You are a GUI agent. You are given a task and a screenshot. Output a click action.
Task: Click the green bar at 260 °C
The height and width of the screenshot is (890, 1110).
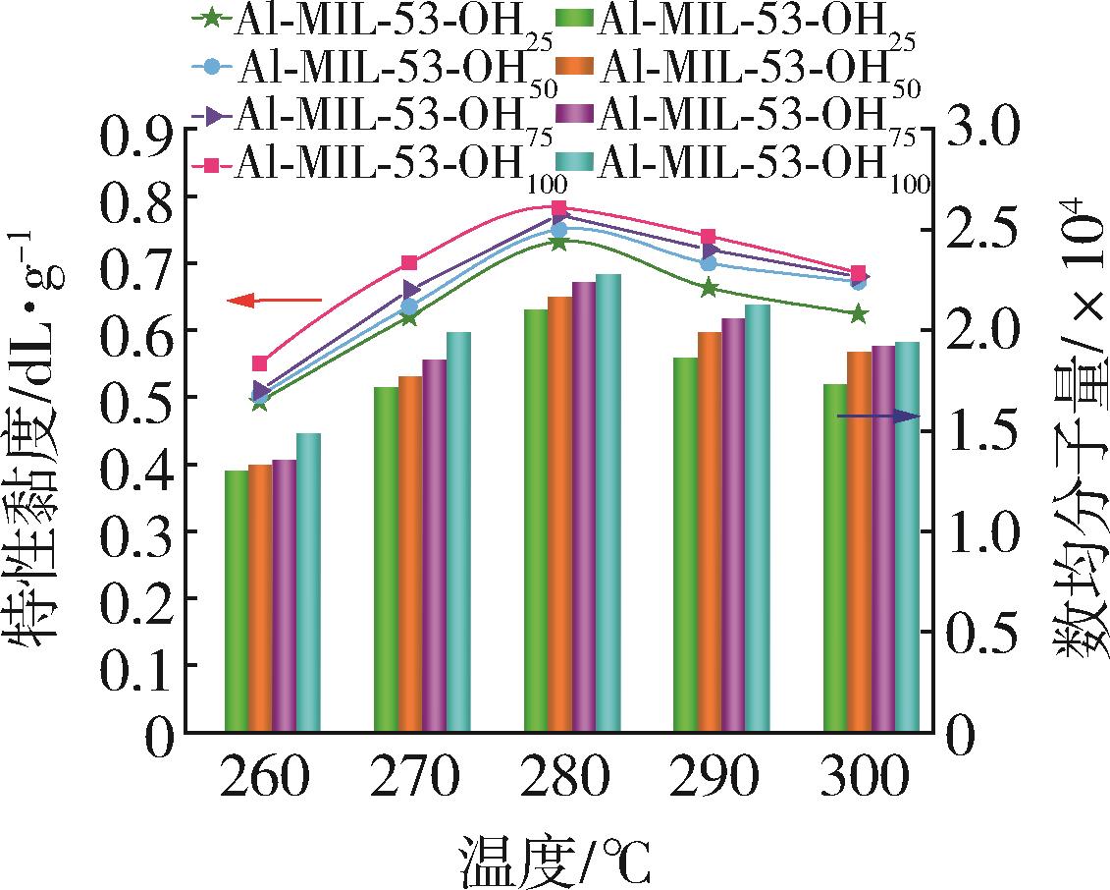(x=237, y=601)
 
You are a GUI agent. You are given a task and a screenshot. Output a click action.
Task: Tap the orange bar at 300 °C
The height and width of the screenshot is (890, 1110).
(x=859, y=541)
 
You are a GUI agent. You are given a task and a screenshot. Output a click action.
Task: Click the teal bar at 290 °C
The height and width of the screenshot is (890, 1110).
(x=758, y=518)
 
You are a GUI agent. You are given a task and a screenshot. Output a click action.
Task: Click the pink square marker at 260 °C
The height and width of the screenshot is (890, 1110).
(x=260, y=363)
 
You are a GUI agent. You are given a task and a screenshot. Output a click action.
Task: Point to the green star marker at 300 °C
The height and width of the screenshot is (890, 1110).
(x=859, y=314)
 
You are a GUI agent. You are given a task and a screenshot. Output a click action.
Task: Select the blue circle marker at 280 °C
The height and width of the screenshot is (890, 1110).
(x=559, y=230)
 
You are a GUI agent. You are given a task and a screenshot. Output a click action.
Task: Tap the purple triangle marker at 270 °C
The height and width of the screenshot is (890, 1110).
(x=410, y=290)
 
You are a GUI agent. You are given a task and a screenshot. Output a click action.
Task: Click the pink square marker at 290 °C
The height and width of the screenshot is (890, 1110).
(x=709, y=237)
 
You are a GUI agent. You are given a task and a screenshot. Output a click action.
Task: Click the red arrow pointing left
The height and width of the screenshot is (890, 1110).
(x=274, y=301)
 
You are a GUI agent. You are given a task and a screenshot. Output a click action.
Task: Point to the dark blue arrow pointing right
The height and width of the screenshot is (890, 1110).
(x=878, y=417)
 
